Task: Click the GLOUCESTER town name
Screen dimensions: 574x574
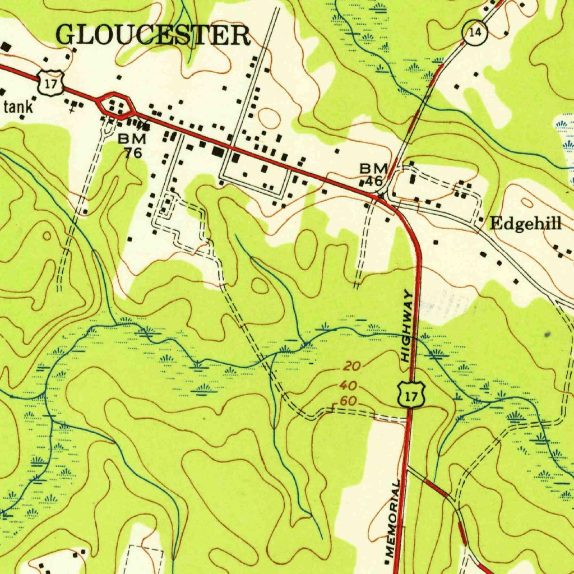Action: point(154,35)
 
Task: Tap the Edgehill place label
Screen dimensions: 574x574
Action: point(525,224)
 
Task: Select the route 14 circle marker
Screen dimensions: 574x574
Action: point(475,33)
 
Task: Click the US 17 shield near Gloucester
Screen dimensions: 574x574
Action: point(49,83)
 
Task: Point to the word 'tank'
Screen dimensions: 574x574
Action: point(18,107)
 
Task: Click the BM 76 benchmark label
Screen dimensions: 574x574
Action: point(133,145)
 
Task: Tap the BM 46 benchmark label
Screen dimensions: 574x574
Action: point(373,174)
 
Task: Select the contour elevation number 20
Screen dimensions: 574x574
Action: point(351,367)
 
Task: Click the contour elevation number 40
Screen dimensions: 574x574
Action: point(348,386)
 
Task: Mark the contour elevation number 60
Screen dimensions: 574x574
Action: point(348,401)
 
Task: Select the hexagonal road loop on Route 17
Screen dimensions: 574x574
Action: point(116,105)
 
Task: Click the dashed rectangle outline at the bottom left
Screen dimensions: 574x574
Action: point(146,558)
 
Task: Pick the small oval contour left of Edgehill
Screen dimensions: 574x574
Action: point(527,202)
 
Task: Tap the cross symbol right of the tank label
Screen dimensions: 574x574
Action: point(71,110)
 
